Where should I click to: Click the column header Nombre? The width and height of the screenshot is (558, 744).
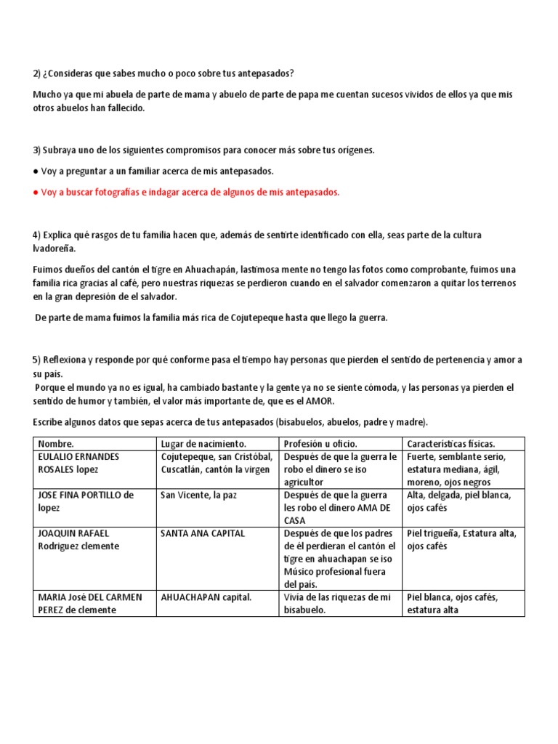56,443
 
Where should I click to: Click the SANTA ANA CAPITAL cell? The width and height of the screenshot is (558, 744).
203,533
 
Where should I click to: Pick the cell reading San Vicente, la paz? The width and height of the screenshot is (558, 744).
198,495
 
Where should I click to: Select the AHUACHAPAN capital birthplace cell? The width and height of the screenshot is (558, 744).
206,597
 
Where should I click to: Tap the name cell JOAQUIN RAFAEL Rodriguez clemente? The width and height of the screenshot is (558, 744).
78,539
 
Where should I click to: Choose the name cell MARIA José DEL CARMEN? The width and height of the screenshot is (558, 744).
90,603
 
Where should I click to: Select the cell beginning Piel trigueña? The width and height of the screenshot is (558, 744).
461,539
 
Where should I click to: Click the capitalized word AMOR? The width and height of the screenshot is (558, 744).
321,401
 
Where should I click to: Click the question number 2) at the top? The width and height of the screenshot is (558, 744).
37,74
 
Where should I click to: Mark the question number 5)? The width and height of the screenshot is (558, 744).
37,360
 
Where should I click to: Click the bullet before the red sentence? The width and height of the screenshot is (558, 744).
36,193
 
